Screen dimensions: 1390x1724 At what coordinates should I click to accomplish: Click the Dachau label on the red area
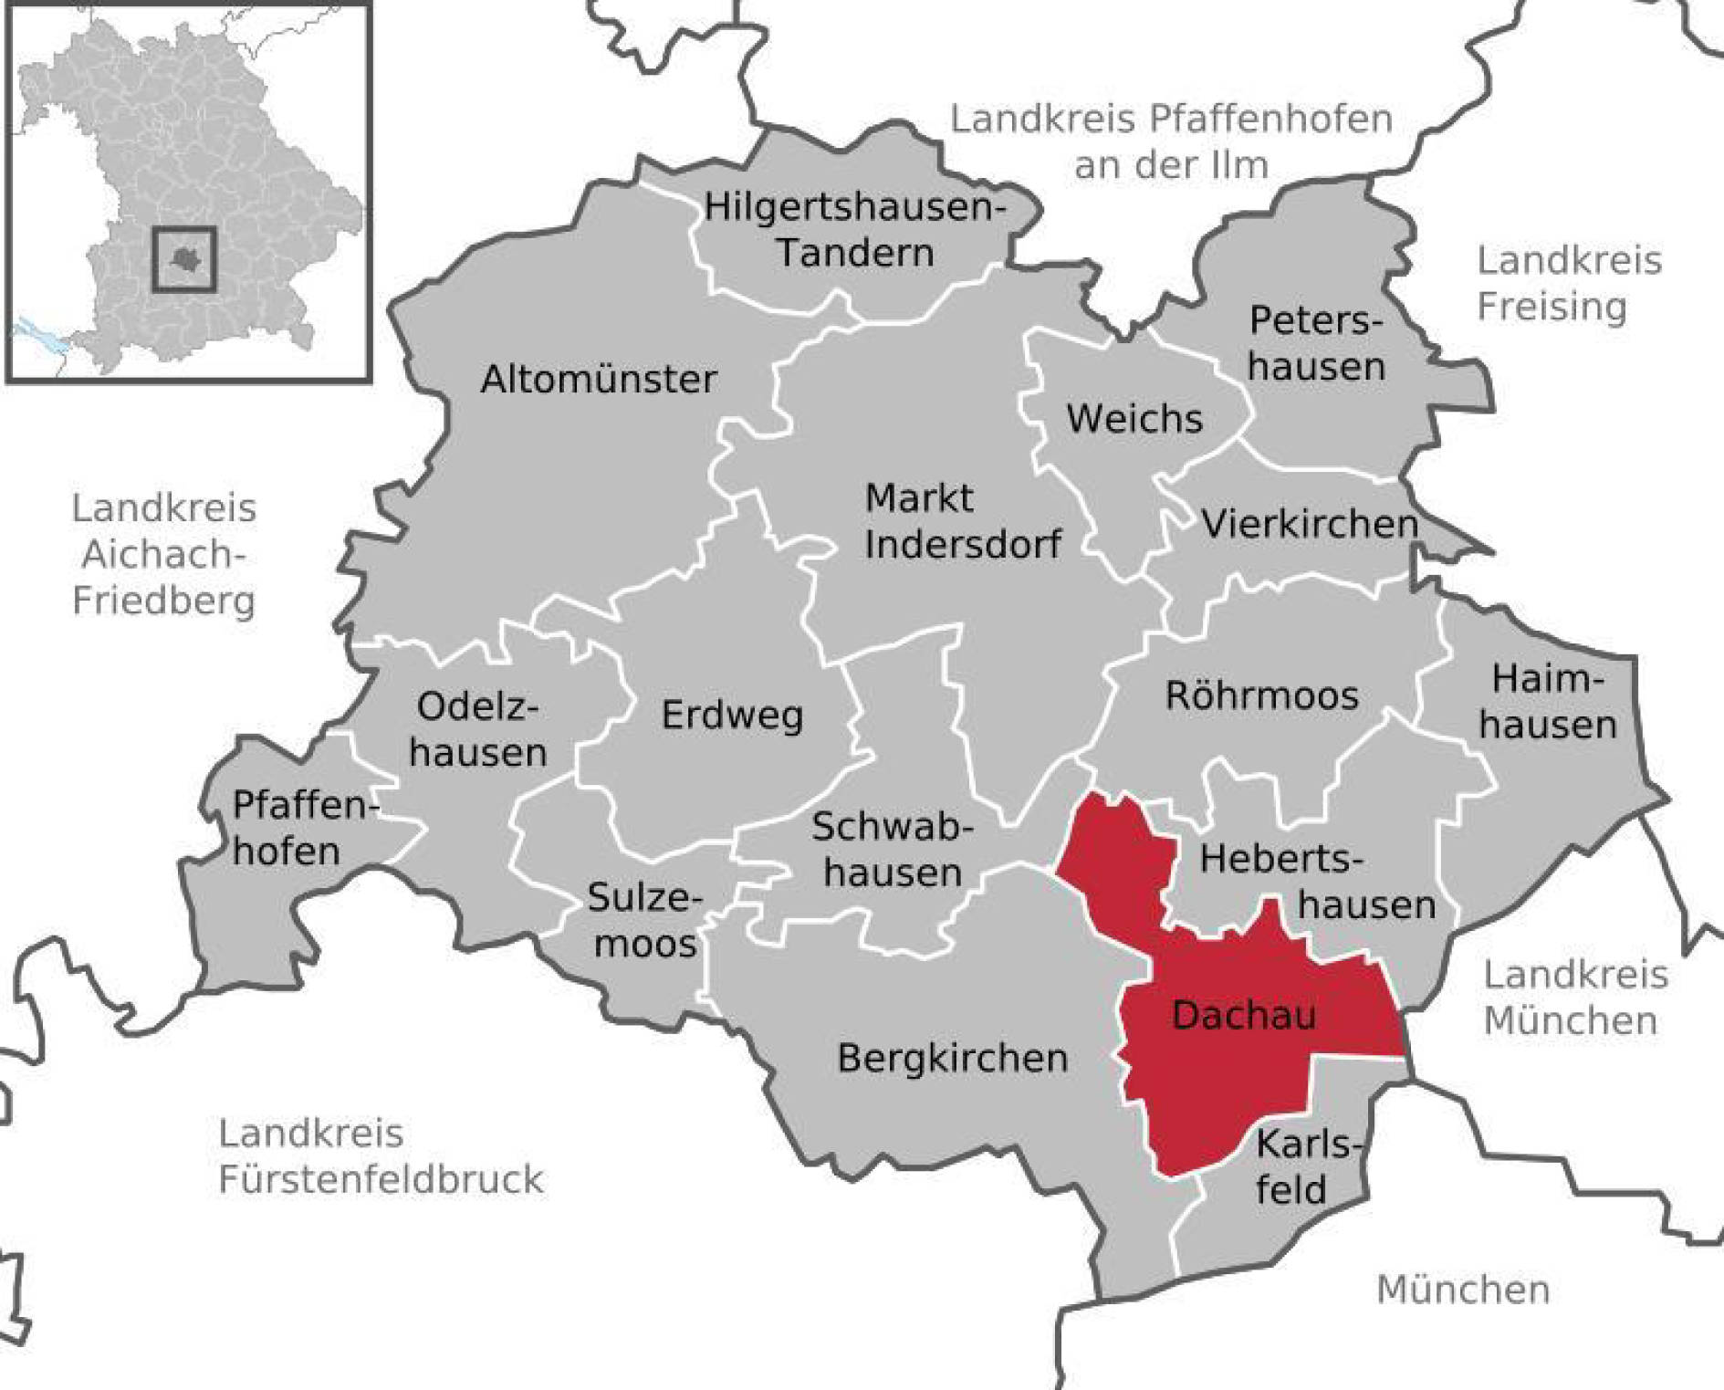(x=1243, y=1015)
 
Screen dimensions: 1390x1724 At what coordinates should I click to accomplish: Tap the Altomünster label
(x=599, y=379)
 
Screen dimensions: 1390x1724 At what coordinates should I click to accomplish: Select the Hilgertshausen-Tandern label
(x=855, y=229)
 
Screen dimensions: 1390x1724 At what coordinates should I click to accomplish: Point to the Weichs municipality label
(x=1134, y=418)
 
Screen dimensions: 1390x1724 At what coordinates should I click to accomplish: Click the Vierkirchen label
(x=1310, y=523)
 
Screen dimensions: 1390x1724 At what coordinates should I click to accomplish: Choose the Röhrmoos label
(x=1262, y=695)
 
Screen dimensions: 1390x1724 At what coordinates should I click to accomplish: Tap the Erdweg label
(x=732, y=715)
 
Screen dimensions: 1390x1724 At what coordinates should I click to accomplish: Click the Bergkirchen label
(x=952, y=1058)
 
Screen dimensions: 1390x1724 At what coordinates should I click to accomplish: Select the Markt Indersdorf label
(x=962, y=521)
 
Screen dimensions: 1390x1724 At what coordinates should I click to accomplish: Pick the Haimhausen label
(x=1548, y=702)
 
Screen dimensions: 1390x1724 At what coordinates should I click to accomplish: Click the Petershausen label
(x=1316, y=343)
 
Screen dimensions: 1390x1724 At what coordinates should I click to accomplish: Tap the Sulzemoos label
(x=644, y=920)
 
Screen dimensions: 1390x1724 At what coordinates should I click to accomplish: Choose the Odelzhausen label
(x=477, y=729)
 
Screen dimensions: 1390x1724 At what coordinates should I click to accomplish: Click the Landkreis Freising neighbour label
(x=1568, y=283)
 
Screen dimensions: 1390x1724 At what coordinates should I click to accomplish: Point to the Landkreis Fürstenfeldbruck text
(x=380, y=1156)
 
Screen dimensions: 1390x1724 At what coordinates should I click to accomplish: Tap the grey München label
(x=1462, y=1290)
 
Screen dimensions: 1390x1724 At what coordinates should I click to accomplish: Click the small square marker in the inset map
(x=184, y=259)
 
